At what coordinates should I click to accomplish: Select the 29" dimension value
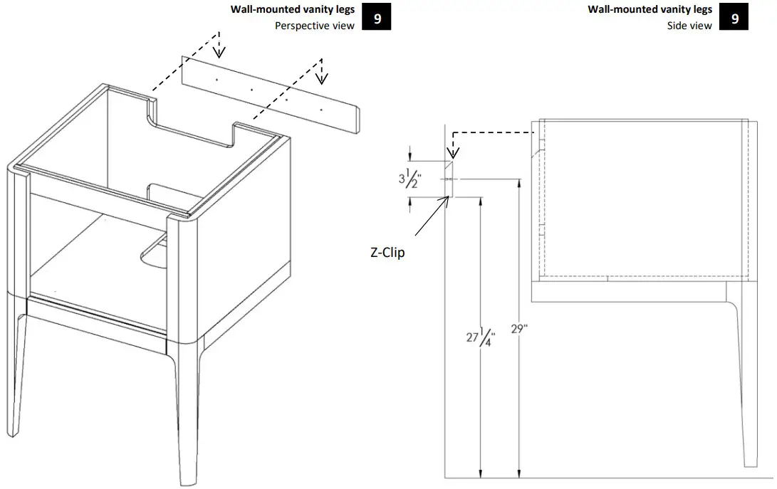coord(521,330)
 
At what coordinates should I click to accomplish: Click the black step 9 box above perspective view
coord(377,18)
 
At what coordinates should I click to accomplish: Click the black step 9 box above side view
coord(734,18)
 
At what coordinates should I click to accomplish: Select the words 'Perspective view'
coord(315,26)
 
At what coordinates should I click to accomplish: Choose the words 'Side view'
coord(689,26)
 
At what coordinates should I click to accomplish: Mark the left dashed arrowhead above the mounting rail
coord(220,51)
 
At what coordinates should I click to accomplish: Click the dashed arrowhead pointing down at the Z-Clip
coord(450,152)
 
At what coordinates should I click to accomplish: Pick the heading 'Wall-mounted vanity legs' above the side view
coord(650,9)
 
